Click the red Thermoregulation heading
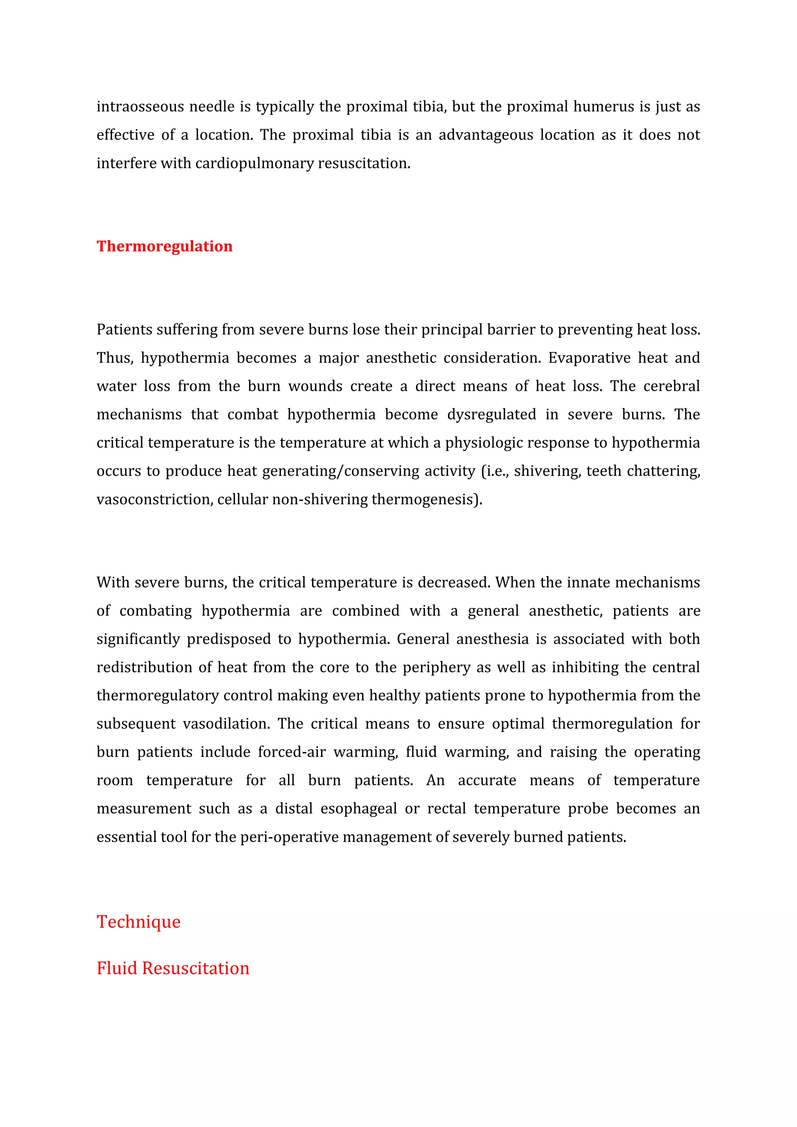pyautogui.click(x=164, y=246)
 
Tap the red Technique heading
pyautogui.click(x=139, y=922)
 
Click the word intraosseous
pyautogui.click(x=140, y=107)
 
